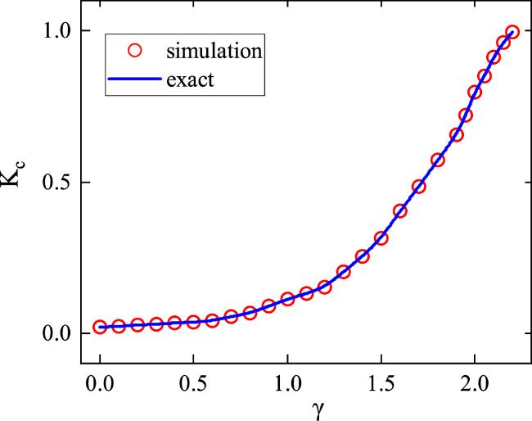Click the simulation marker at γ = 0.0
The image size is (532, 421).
coord(100,327)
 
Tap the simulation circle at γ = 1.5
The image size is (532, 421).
coord(381,238)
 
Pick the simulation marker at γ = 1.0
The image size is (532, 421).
coord(287,300)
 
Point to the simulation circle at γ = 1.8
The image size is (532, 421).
coord(437,160)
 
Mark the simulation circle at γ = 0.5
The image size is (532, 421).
coord(194,322)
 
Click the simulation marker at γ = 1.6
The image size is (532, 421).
coord(399,211)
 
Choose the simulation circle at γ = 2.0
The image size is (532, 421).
coord(475,92)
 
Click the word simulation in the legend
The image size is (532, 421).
coord(214,51)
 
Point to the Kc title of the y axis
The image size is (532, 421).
coord(18,182)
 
